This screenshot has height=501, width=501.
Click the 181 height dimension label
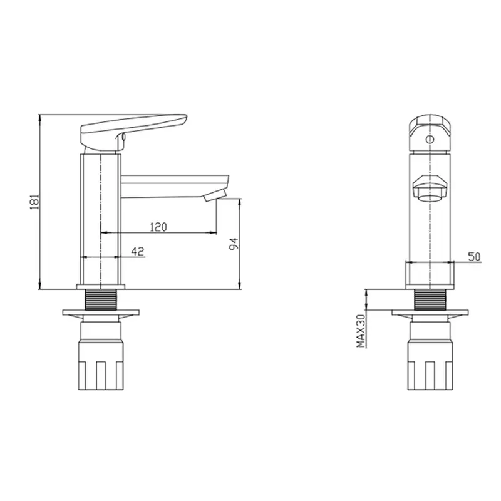[x=34, y=201]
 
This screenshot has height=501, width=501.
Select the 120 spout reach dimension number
[x=158, y=227]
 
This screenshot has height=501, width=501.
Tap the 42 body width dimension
[x=138, y=252]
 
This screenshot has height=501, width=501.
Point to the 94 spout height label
[x=234, y=244]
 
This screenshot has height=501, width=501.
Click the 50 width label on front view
[x=474, y=257]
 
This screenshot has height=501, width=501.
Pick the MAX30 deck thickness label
[x=361, y=331]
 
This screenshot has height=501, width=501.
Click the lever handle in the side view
[x=133, y=132]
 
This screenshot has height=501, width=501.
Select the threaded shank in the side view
[x=101, y=299]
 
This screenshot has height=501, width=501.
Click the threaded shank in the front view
[x=430, y=299]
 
